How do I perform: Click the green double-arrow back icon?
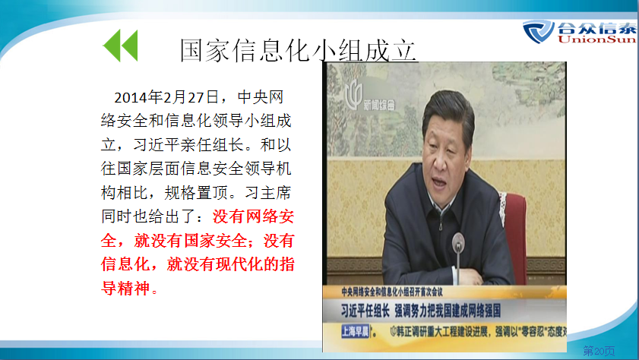click(121, 46)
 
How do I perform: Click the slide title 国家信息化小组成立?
click(298, 50)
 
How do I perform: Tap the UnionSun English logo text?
click(596, 39)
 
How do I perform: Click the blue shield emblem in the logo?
click(539, 31)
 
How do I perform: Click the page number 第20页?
click(599, 350)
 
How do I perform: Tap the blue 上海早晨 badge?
click(355, 331)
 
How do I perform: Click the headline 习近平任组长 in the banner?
click(365, 311)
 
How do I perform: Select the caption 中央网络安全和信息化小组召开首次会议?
click(391, 292)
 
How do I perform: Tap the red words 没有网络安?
click(253, 216)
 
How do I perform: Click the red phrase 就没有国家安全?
click(190, 241)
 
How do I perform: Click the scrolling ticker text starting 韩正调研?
click(479, 331)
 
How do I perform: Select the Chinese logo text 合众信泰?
click(596, 28)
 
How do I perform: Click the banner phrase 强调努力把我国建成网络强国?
click(448, 311)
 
